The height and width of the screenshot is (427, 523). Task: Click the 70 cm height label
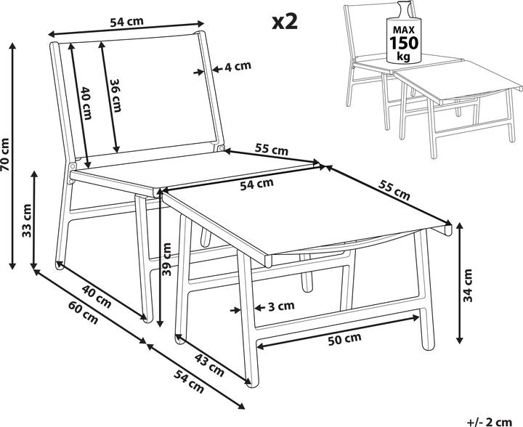pos(5,155)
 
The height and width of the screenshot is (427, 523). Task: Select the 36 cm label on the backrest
pos(115,95)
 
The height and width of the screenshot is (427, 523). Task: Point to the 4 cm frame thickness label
pos(237,66)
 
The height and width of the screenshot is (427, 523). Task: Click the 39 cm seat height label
pos(166,259)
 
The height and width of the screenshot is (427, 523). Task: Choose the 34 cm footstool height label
pos(468,285)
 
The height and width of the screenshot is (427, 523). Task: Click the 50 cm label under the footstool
pos(344,339)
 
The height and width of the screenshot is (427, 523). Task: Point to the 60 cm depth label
pos(84,312)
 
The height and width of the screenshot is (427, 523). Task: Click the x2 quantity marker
pos(285,23)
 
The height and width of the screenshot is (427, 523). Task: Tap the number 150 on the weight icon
pos(404,43)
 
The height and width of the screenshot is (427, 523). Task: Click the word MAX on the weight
pos(404,30)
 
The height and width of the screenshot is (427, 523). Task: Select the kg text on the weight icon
pos(404,57)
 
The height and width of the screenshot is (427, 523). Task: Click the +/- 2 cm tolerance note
pos(490,421)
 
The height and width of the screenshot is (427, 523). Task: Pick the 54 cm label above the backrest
pos(126,22)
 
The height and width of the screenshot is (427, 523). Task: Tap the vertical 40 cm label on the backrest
pos(86,103)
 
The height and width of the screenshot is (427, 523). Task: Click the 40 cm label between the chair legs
pos(97,297)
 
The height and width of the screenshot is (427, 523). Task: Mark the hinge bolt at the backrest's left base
pos(72,166)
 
